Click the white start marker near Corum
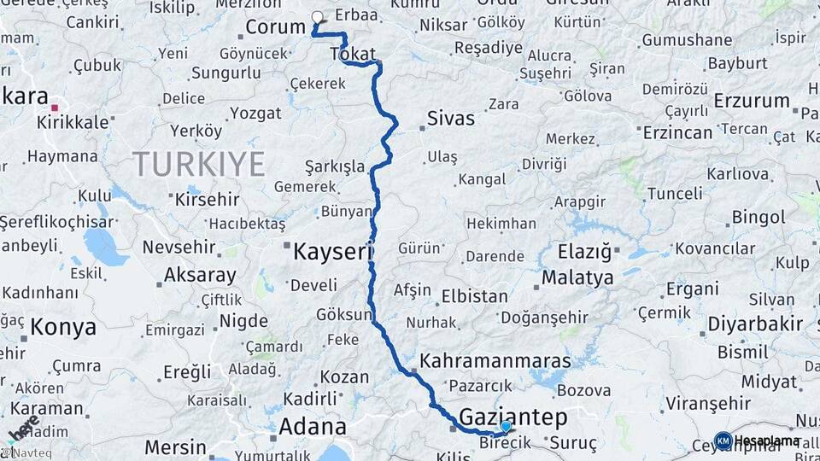coord(318,17)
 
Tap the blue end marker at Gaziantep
coord(506,426)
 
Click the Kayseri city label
coord(333,252)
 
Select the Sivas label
coord(450,119)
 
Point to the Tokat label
coord(347,54)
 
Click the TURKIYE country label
coord(198,163)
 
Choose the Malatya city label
coord(577,277)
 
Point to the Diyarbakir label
coord(756,324)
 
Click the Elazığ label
coord(585,252)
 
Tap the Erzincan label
coord(679,132)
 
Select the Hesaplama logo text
coord(767,441)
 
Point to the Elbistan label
coord(474,297)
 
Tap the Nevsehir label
coord(175,247)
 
